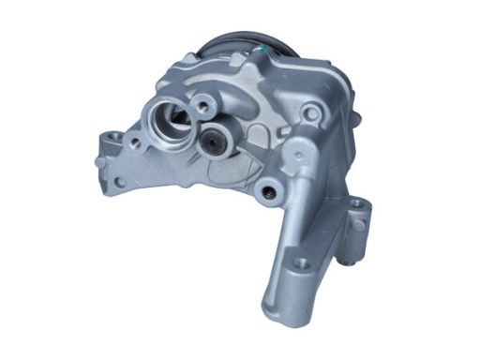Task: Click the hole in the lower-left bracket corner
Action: pos(119,181)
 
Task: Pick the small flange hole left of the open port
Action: pos(137,143)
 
